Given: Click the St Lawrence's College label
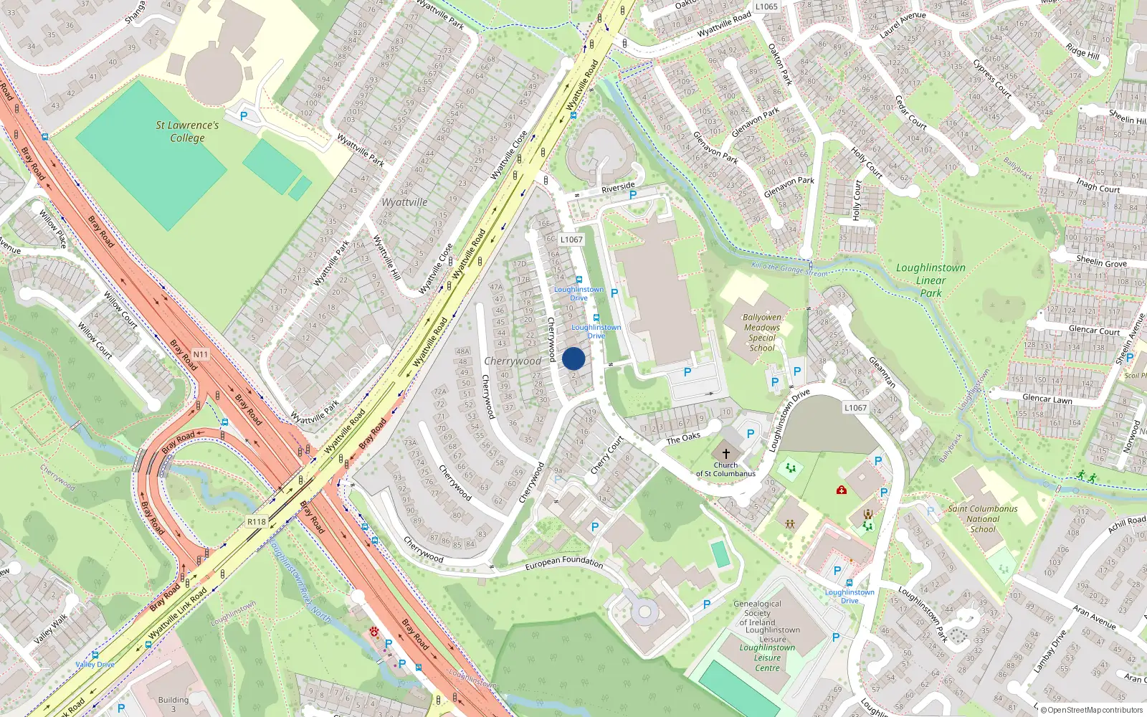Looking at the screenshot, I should tap(187, 131).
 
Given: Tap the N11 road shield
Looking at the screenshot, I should tap(200, 354).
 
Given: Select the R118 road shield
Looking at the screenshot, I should tap(256, 522).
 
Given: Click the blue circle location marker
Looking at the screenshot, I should tap(573, 359).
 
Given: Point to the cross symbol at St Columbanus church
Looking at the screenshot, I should tap(725, 453).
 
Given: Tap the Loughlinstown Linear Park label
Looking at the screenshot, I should tap(931, 280).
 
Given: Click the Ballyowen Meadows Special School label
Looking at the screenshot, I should tap(761, 332).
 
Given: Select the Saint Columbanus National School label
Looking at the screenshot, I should tap(983, 518).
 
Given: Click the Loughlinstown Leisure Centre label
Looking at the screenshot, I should tap(767, 657).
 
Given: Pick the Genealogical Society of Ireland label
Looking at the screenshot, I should tap(758, 613).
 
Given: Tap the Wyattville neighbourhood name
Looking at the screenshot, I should tap(404, 202).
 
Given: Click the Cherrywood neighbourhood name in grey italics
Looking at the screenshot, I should tap(513, 361).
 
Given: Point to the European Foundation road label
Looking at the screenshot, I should tap(564, 563).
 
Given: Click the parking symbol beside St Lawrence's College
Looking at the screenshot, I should tap(244, 115).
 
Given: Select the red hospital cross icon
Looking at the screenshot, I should tap(842, 490).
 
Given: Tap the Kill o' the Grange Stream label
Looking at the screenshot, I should tap(789, 270).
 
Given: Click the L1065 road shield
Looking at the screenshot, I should tap(766, 6).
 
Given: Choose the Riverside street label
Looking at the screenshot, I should tap(618, 188).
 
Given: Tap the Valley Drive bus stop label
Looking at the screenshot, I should tap(95, 665).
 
